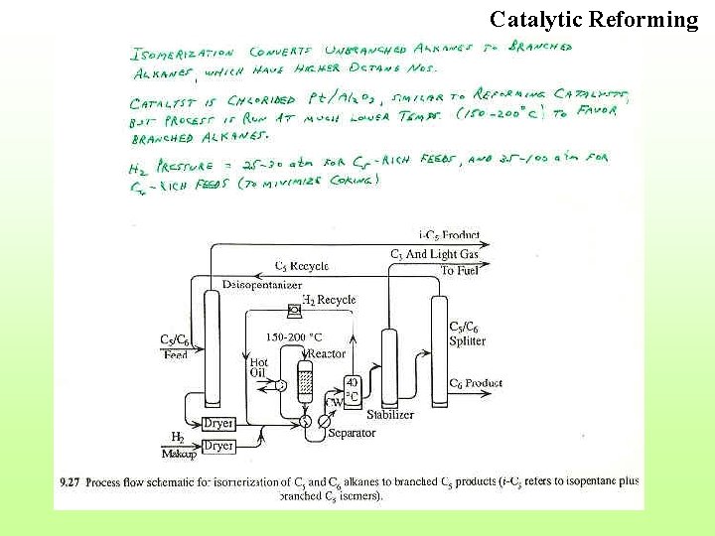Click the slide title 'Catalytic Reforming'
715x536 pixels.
tap(594, 19)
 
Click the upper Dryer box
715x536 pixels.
tap(218, 424)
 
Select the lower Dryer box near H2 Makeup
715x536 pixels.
tap(218, 447)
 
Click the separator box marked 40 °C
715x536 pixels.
tap(352, 390)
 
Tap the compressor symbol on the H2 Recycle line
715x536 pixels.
tap(295, 312)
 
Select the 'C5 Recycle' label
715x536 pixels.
tap(301, 266)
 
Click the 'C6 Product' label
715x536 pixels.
tap(476, 383)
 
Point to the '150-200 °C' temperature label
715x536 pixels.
tap(294, 337)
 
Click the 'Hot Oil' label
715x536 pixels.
tap(259, 368)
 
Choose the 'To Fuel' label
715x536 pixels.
tap(461, 270)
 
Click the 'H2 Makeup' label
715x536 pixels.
tap(178, 444)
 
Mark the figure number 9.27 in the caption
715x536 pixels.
tap(69, 482)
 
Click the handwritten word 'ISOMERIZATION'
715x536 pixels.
tap(183, 52)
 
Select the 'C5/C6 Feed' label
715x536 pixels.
tap(175, 346)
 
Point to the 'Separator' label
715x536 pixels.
tap(352, 434)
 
